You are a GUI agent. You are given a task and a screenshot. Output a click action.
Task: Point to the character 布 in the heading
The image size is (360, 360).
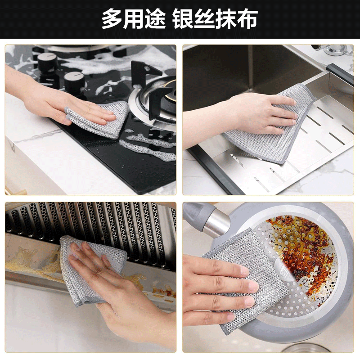[x=248, y=19]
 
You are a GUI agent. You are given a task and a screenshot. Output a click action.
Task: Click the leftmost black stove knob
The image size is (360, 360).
[x=46, y=62]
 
